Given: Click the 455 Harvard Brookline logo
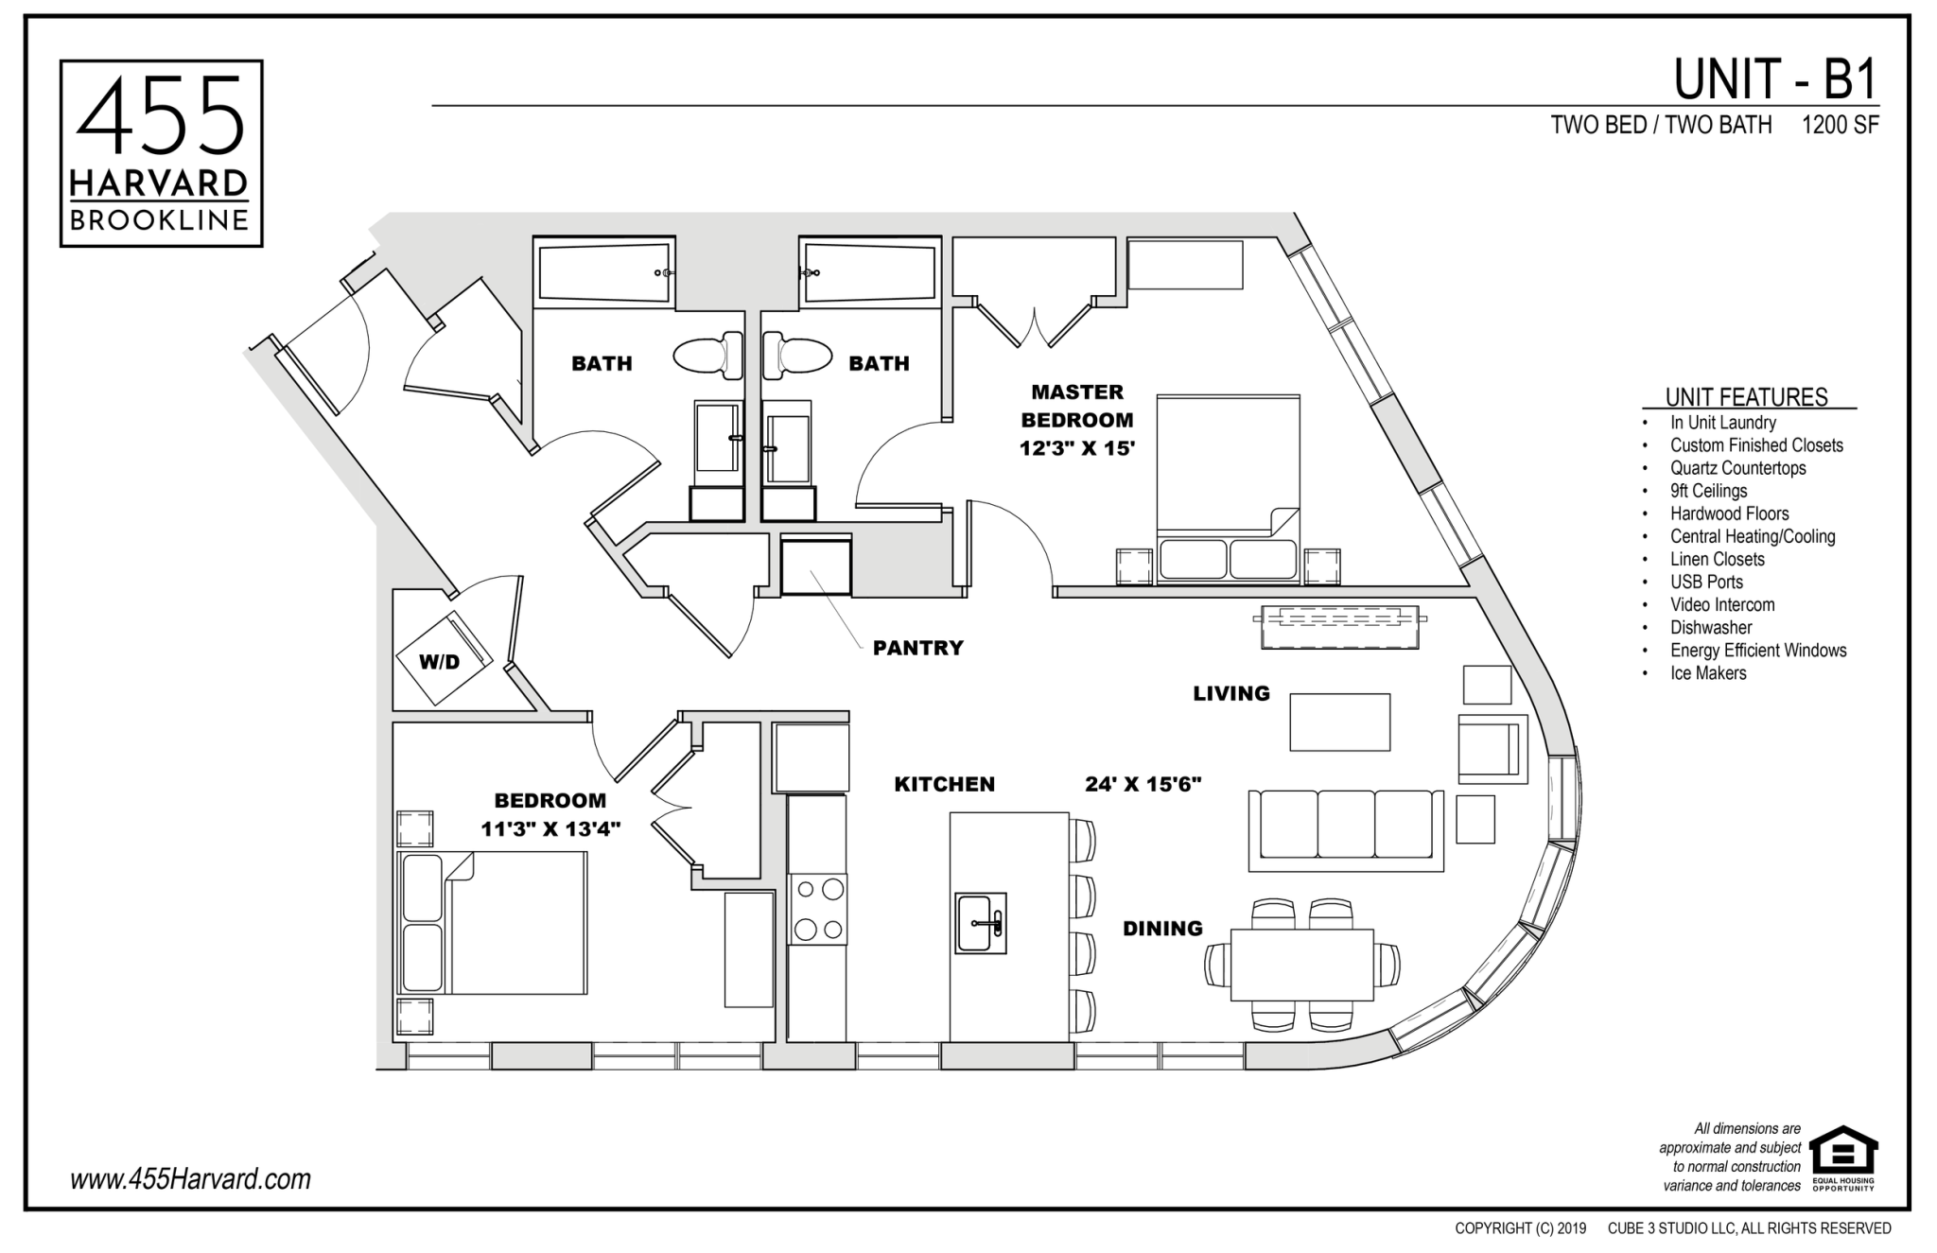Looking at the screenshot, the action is click(x=161, y=153).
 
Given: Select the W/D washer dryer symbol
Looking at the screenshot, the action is click(x=443, y=658).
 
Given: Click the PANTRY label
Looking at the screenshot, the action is click(x=917, y=648).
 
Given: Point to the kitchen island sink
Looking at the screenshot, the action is click(x=981, y=922).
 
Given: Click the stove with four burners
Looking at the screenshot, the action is click(x=818, y=910).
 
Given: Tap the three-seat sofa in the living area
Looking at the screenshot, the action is click(x=1346, y=829).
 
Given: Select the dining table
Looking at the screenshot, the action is click(x=1301, y=965).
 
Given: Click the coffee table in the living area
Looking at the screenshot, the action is click(x=1340, y=722).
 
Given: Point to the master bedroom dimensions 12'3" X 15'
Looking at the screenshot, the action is click(x=1076, y=448).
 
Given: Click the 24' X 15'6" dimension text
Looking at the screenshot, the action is click(x=1143, y=784).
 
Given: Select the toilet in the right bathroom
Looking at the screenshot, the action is click(x=797, y=356).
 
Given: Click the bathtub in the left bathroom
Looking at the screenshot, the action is click(x=605, y=271).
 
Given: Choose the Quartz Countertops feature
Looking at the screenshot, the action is click(x=1737, y=468).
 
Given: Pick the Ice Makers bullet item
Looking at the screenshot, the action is click(x=1708, y=673).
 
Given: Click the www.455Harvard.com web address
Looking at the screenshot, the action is click(x=190, y=1179).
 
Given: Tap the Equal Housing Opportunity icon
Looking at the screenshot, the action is click(x=1843, y=1157).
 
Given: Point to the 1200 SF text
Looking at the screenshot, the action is click(x=1840, y=125).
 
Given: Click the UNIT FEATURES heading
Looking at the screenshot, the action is click(x=1747, y=397).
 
